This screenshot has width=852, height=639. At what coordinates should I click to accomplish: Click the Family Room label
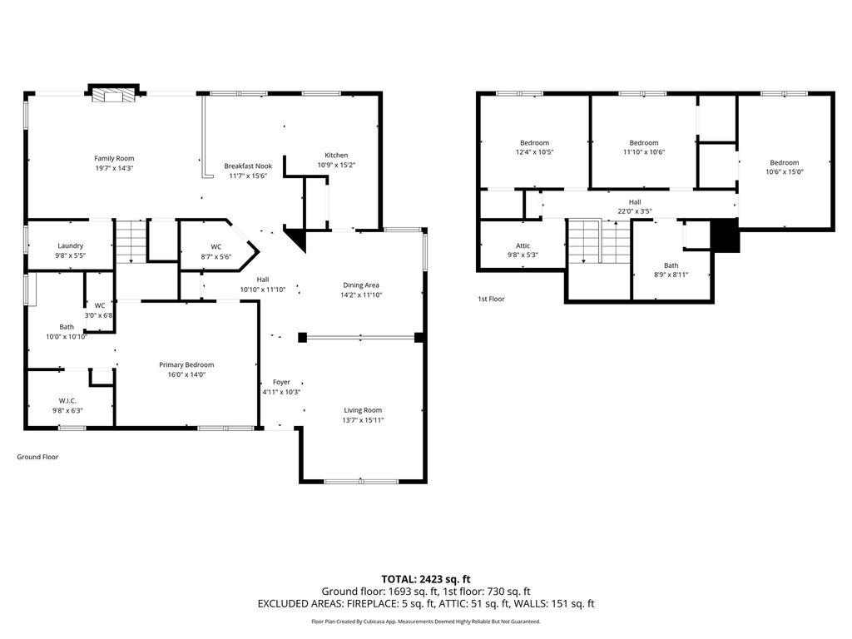tap(114, 159)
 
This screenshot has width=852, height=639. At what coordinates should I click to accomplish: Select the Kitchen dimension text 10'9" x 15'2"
tap(336, 166)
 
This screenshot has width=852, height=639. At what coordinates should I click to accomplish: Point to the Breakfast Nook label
tap(248, 166)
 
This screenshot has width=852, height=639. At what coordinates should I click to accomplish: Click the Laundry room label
tap(71, 245)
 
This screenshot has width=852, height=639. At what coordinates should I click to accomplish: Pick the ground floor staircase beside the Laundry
tap(131, 241)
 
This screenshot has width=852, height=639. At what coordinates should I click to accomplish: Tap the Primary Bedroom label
tap(186, 364)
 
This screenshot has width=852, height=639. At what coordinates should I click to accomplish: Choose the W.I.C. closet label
tap(68, 401)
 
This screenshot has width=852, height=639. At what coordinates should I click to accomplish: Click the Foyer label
tap(281, 382)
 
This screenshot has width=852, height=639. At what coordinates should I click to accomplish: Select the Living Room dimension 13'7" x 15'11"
tap(363, 420)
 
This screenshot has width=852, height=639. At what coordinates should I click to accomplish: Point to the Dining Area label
tap(361, 285)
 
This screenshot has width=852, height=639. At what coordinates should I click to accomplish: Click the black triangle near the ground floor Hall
tap(296, 239)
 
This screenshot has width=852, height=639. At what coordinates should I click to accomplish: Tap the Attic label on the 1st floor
tap(523, 245)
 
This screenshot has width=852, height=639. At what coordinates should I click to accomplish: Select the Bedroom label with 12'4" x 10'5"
tap(535, 143)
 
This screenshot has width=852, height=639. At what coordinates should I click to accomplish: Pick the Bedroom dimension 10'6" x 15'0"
tap(785, 171)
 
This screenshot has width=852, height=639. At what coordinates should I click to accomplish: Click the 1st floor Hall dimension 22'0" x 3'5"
tap(635, 211)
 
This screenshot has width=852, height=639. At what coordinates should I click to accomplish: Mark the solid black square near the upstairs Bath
tap(726, 235)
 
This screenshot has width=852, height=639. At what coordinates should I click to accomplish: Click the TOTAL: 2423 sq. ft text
tap(426, 579)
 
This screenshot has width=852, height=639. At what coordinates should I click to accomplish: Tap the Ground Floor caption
tap(37, 457)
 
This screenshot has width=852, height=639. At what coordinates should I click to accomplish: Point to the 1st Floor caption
tap(491, 299)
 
